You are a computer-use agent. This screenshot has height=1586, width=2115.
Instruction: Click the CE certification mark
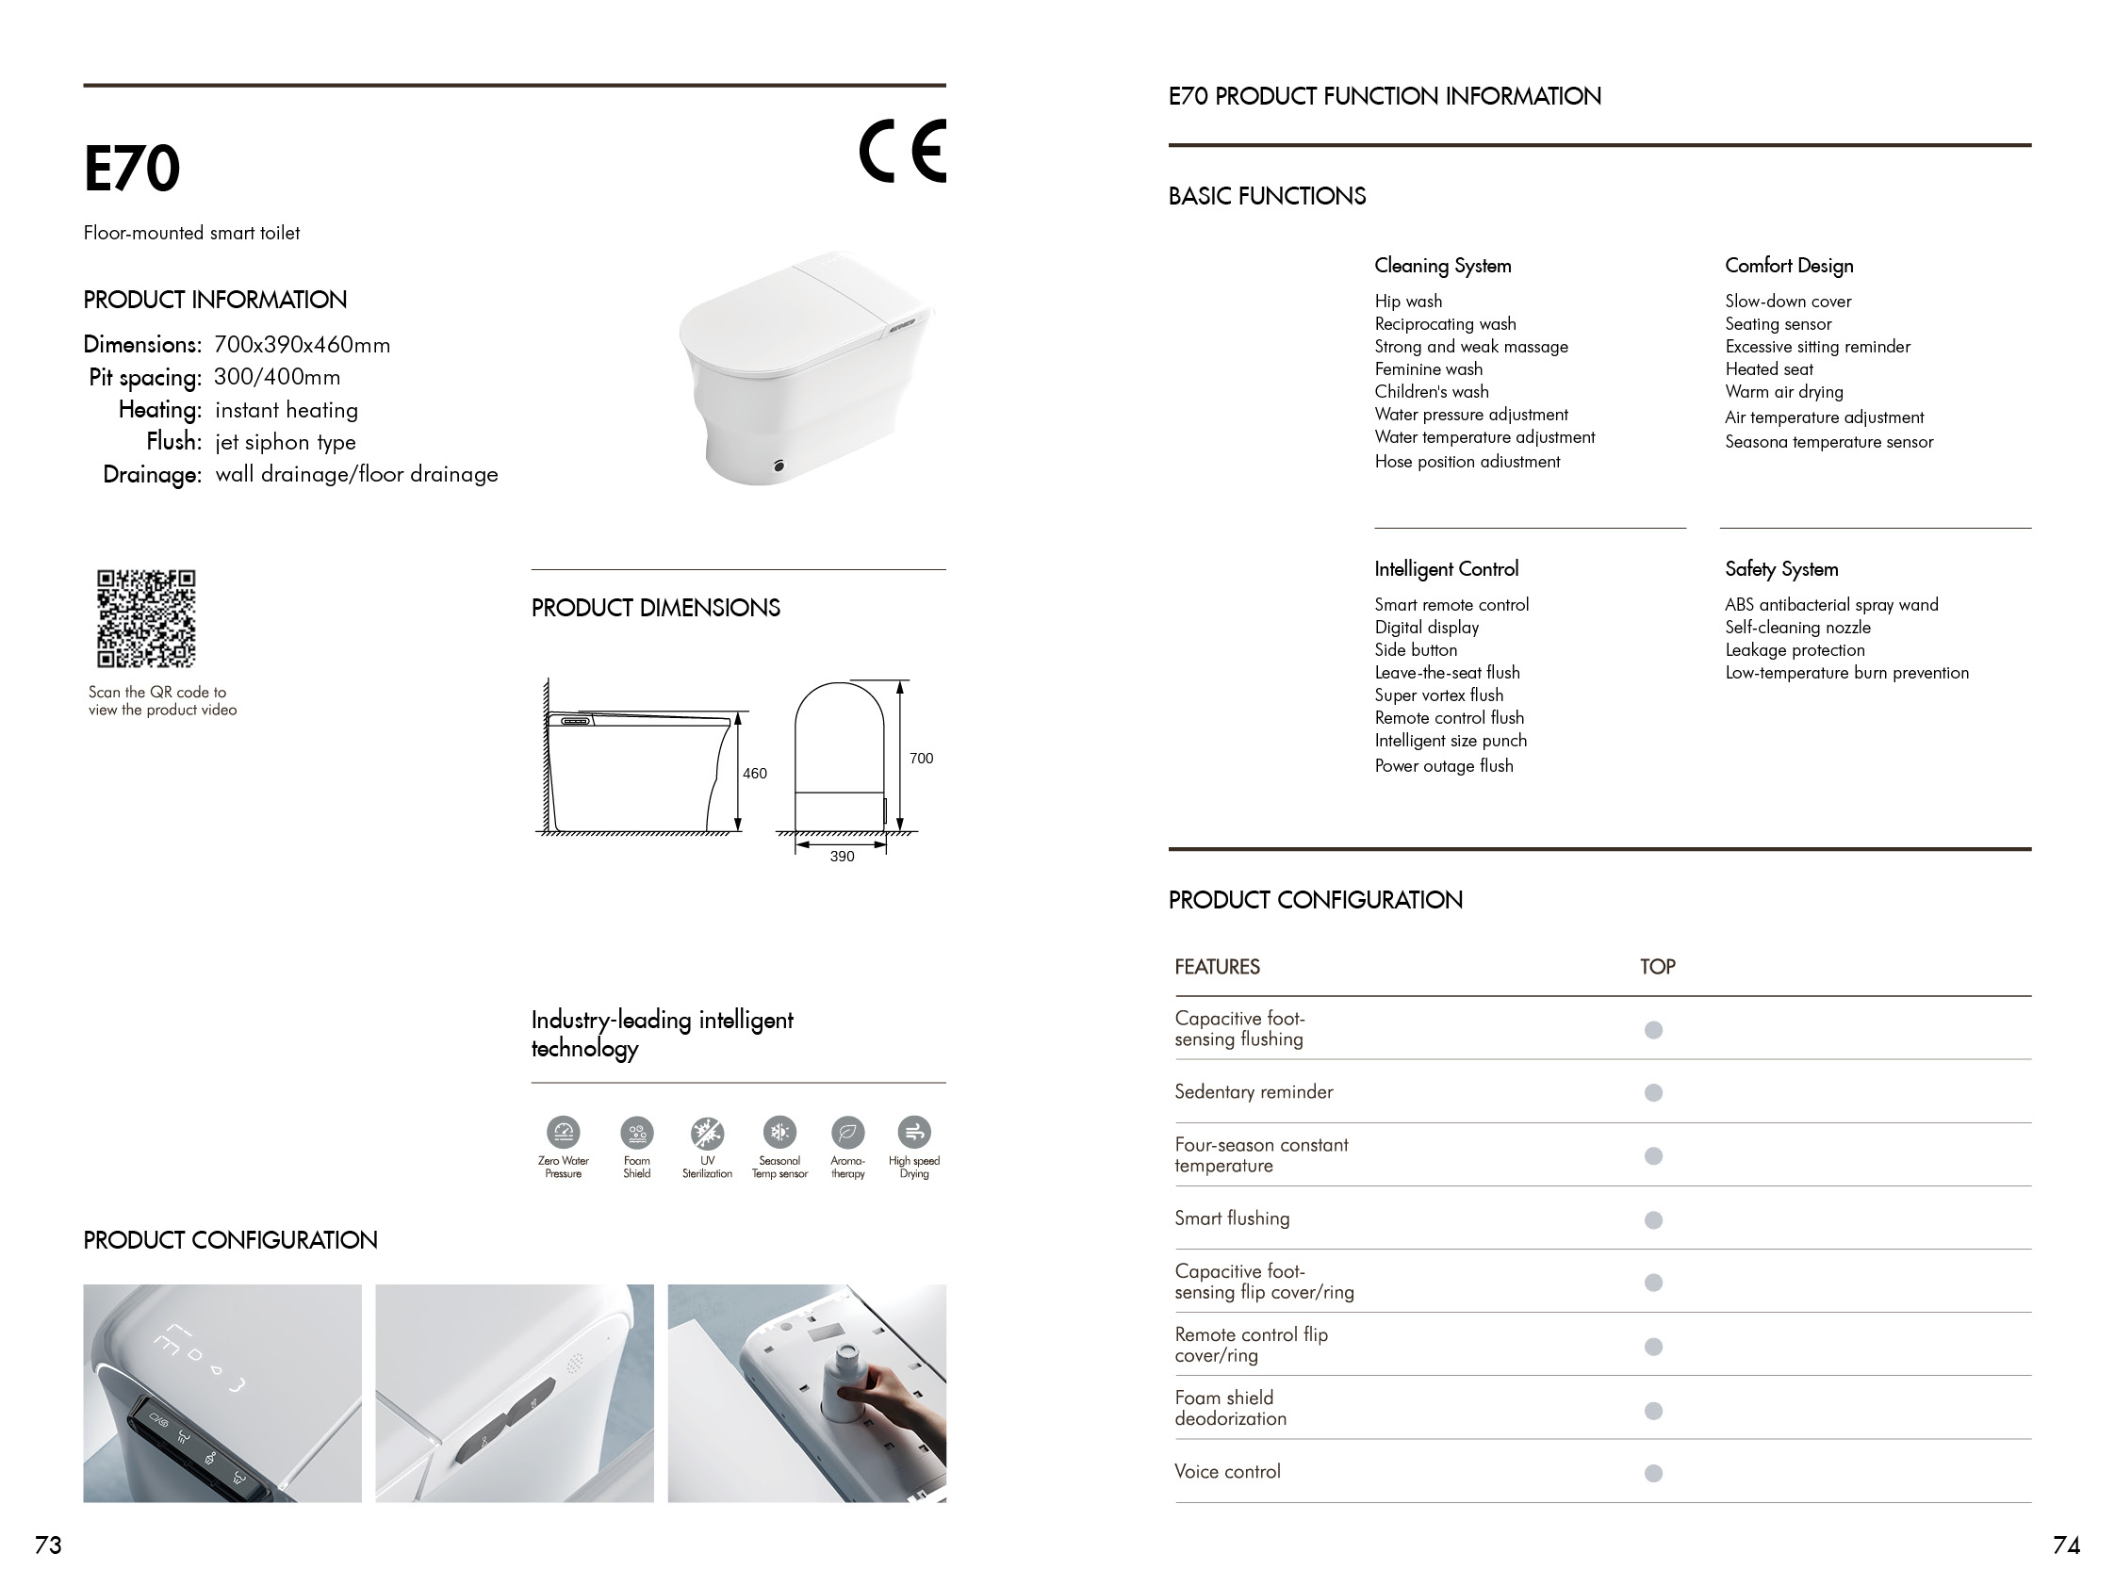click(x=902, y=151)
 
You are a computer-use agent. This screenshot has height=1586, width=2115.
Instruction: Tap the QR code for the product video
click(x=146, y=618)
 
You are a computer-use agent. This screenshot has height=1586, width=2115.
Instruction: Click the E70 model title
click(x=132, y=170)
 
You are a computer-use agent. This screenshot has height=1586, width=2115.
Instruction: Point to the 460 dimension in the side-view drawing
click(x=754, y=774)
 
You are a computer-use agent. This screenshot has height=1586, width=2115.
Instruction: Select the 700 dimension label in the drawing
click(x=921, y=758)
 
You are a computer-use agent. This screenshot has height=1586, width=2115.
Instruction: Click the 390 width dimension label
click(x=842, y=857)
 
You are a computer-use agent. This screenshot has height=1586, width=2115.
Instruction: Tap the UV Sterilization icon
click(x=708, y=1133)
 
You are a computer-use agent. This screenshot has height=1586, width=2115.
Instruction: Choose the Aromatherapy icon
click(x=847, y=1133)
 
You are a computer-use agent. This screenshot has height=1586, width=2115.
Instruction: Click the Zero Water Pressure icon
click(x=564, y=1133)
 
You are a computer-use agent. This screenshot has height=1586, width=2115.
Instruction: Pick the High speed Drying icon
click(x=914, y=1133)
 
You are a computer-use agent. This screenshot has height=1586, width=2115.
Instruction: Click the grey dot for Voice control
click(x=1653, y=1473)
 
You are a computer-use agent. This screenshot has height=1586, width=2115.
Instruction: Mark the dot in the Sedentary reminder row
click(x=1653, y=1093)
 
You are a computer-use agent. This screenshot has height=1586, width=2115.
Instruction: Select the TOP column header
click(x=1657, y=967)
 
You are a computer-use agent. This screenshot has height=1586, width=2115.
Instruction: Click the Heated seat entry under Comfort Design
click(x=1769, y=369)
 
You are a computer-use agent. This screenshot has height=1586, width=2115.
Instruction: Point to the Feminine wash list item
click(x=1429, y=369)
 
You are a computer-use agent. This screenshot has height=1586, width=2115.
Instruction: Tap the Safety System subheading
click(x=1781, y=569)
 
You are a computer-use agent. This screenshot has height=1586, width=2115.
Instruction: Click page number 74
click(x=2066, y=1545)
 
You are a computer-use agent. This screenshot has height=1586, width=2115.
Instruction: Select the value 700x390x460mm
click(x=303, y=345)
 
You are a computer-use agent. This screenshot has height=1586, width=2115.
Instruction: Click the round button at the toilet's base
click(x=779, y=466)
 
